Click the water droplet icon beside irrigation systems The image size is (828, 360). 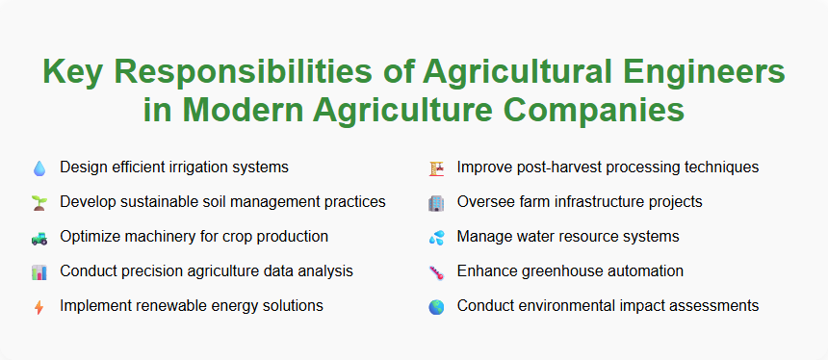click(x=39, y=167)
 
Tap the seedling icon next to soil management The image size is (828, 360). click(x=39, y=202)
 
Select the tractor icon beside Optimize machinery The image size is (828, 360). click(x=39, y=237)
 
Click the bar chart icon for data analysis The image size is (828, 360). click(x=39, y=271)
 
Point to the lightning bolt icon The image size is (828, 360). click(x=39, y=306)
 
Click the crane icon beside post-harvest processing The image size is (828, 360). click(x=436, y=167)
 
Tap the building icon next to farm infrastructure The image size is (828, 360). click(x=436, y=202)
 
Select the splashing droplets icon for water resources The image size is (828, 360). click(x=436, y=237)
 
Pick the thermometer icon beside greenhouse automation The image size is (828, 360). click(x=436, y=271)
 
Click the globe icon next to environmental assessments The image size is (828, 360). click(x=436, y=306)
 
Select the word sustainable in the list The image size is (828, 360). click(x=166, y=202)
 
